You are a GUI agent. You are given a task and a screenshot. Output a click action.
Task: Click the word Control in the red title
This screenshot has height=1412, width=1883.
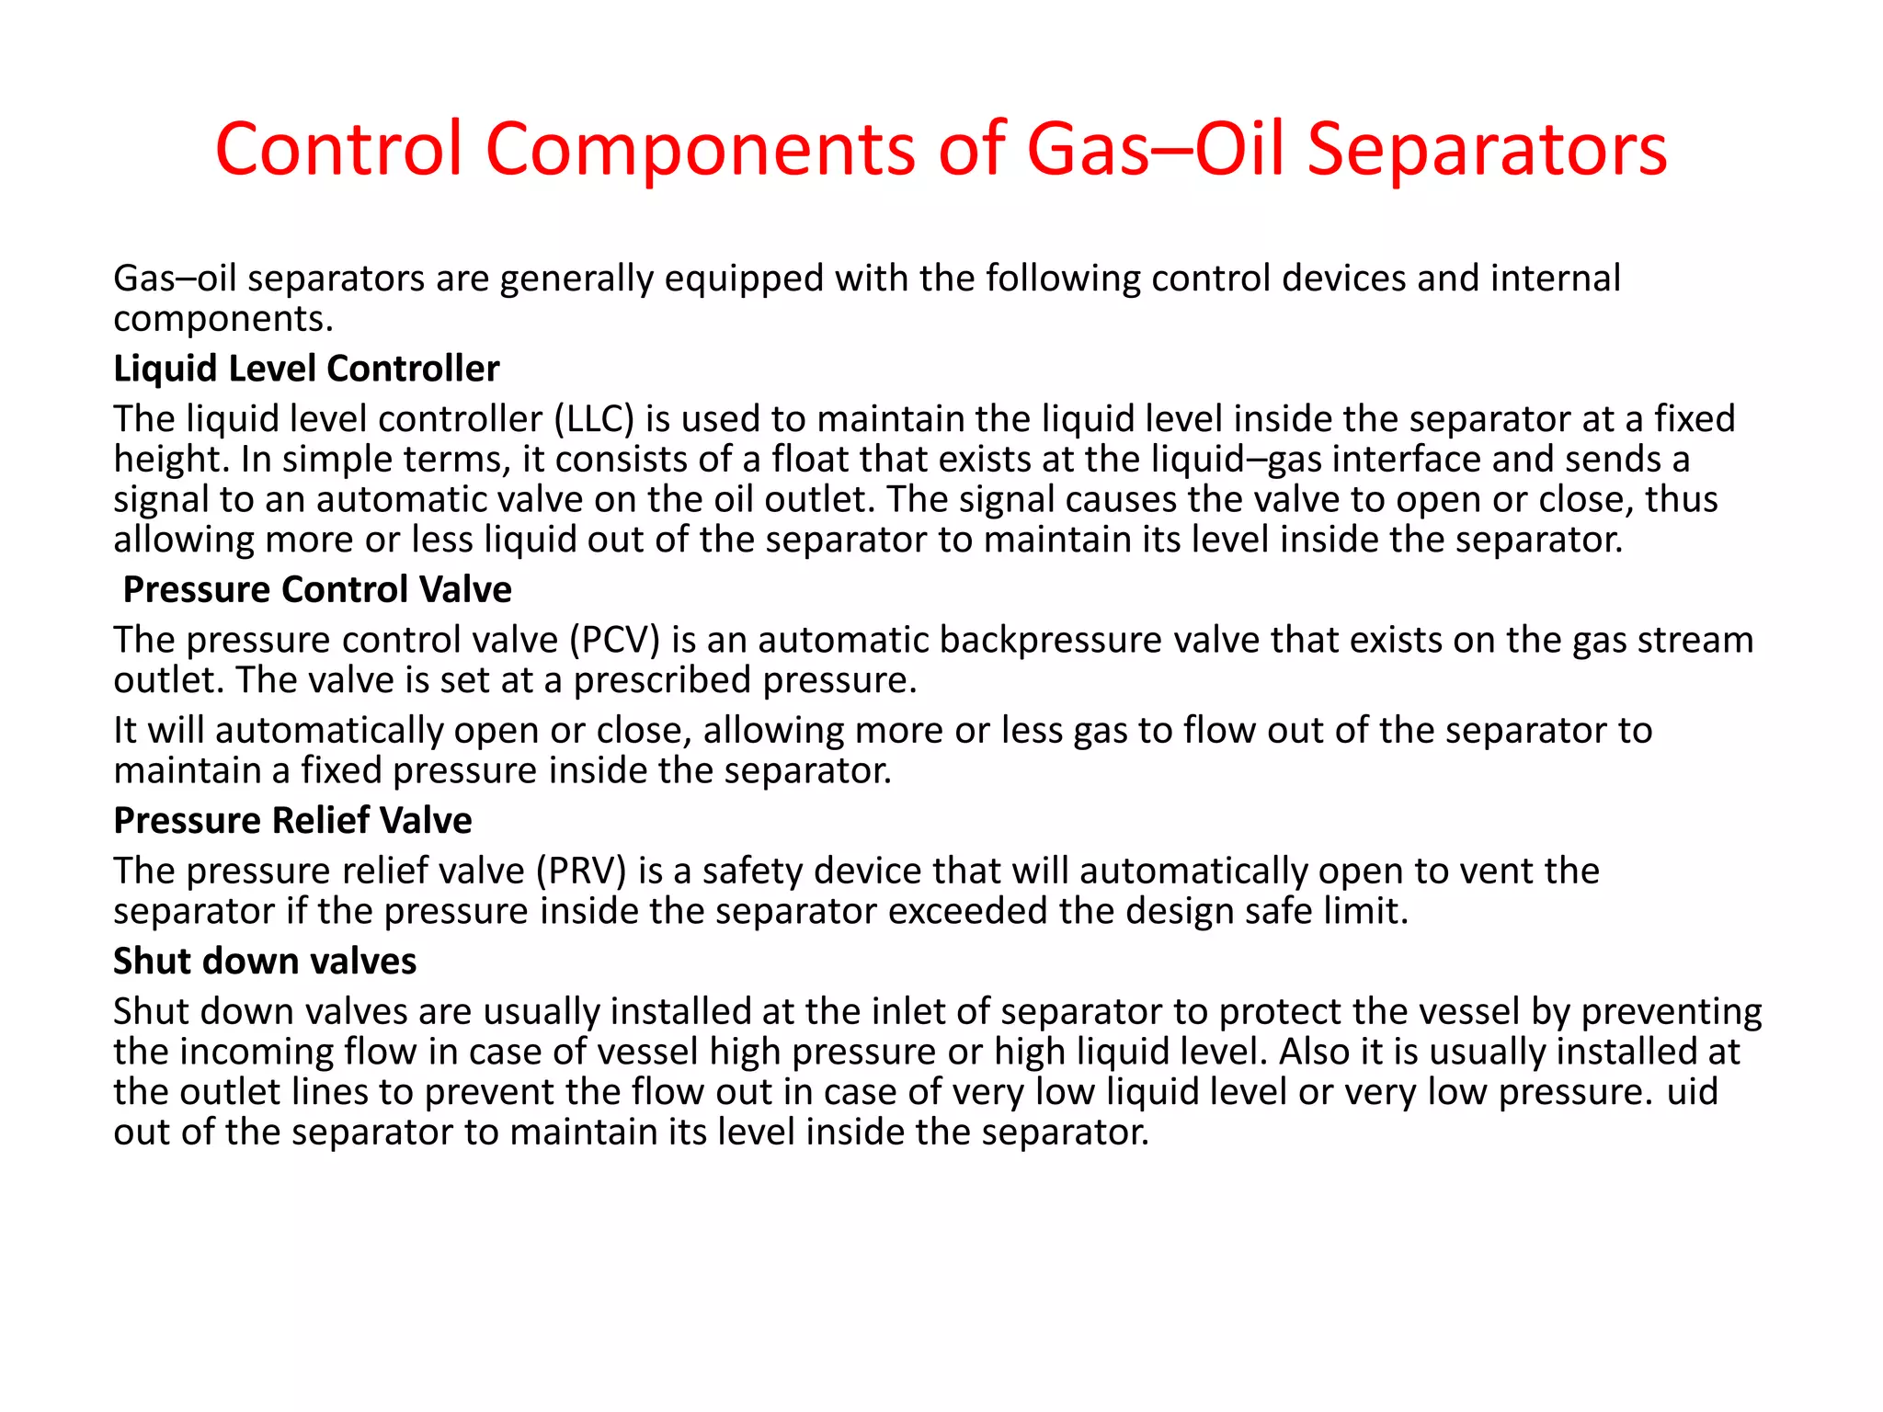(337, 149)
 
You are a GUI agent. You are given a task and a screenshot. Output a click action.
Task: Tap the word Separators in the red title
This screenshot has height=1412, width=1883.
(1487, 149)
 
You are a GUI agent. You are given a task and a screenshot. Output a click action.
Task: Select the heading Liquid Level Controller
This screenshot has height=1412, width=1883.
(306, 369)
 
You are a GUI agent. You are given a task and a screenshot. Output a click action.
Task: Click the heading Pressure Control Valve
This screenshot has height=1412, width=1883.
(317, 589)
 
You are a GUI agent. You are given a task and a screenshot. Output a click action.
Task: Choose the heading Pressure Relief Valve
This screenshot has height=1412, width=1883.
(292, 820)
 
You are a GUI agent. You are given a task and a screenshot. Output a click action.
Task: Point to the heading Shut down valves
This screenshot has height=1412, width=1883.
(265, 961)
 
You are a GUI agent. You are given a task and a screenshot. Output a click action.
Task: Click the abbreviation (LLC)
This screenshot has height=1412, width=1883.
(594, 419)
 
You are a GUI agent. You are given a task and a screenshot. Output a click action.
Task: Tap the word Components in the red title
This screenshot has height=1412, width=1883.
(700, 149)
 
